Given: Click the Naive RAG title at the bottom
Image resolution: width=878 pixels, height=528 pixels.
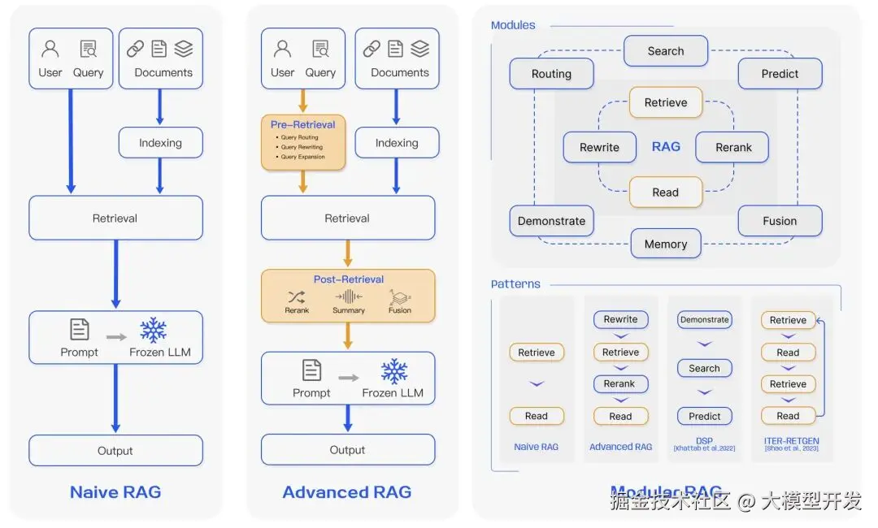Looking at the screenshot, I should [x=115, y=492].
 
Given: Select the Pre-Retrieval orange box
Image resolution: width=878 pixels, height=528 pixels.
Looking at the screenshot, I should [x=303, y=141].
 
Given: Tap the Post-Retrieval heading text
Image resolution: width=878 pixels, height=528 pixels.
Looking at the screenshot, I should [x=348, y=279].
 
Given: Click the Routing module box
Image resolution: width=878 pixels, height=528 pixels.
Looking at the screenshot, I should [x=551, y=74].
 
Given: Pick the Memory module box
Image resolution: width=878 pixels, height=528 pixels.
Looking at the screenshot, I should [x=666, y=244].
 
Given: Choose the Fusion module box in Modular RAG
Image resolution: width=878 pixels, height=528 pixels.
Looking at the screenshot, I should [x=780, y=221].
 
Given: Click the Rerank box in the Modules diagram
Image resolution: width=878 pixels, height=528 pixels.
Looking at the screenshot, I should [x=733, y=148].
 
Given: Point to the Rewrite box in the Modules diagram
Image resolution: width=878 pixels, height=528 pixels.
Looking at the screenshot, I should [x=599, y=148].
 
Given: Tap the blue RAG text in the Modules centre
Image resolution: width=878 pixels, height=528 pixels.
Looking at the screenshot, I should [x=666, y=147].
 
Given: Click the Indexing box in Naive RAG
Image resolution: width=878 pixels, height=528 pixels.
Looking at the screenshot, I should [x=160, y=143].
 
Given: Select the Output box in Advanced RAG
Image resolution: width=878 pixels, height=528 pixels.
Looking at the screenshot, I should [x=348, y=450].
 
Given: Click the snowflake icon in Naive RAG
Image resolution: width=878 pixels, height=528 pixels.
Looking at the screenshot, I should [x=153, y=331].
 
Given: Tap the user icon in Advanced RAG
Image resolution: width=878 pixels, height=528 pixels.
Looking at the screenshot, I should [x=282, y=50].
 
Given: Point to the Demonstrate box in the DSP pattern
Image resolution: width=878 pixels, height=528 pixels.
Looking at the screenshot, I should [x=704, y=320].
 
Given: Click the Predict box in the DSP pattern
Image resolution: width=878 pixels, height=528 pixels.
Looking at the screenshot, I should [x=704, y=416].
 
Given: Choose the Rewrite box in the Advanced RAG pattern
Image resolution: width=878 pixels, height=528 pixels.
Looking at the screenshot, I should [x=620, y=320].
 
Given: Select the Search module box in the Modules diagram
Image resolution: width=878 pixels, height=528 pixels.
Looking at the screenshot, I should [x=666, y=51].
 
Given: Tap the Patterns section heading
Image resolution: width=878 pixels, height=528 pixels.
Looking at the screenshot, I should [x=515, y=284].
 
